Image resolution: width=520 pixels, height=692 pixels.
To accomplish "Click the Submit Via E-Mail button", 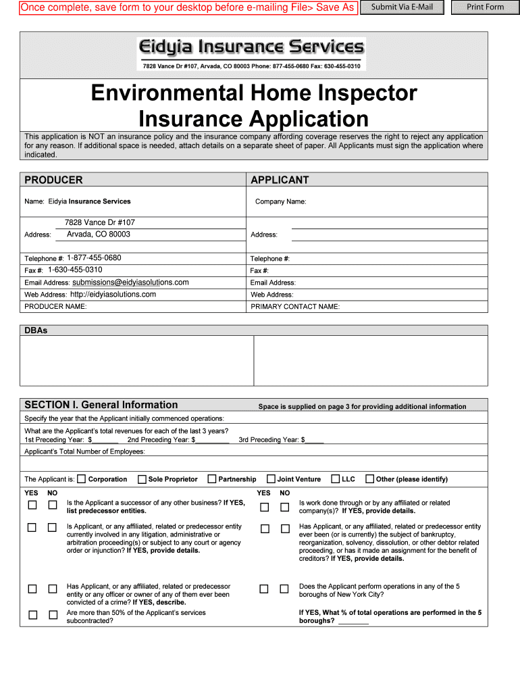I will [402, 7].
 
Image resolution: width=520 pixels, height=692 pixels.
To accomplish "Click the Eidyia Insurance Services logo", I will [251, 47].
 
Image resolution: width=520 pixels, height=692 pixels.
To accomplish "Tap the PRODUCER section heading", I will [53, 180].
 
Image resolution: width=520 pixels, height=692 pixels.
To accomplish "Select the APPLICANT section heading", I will [280, 180].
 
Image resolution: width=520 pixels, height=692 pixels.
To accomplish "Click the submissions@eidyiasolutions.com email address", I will [130, 282].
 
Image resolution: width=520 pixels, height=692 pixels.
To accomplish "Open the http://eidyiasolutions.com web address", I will [113, 295].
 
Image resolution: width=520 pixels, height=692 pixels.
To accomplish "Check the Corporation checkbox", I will [82, 479].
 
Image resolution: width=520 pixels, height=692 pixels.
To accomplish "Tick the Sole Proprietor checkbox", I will [142, 479].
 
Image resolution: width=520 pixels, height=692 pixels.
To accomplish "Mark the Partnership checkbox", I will [212, 479].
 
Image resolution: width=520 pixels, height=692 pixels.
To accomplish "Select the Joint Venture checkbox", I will [271, 479].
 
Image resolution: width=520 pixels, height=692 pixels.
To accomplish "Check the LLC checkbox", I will [336, 479].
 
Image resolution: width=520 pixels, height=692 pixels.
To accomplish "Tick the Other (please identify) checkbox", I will [369, 479].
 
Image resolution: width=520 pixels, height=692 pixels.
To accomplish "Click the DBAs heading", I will [36, 330].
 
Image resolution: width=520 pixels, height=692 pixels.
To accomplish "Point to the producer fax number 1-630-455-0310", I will [75, 270].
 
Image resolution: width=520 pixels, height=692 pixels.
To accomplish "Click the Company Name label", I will [280, 201].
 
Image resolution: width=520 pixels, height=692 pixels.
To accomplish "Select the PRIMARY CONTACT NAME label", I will [295, 307].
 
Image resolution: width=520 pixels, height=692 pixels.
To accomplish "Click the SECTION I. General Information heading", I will [101, 405].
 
